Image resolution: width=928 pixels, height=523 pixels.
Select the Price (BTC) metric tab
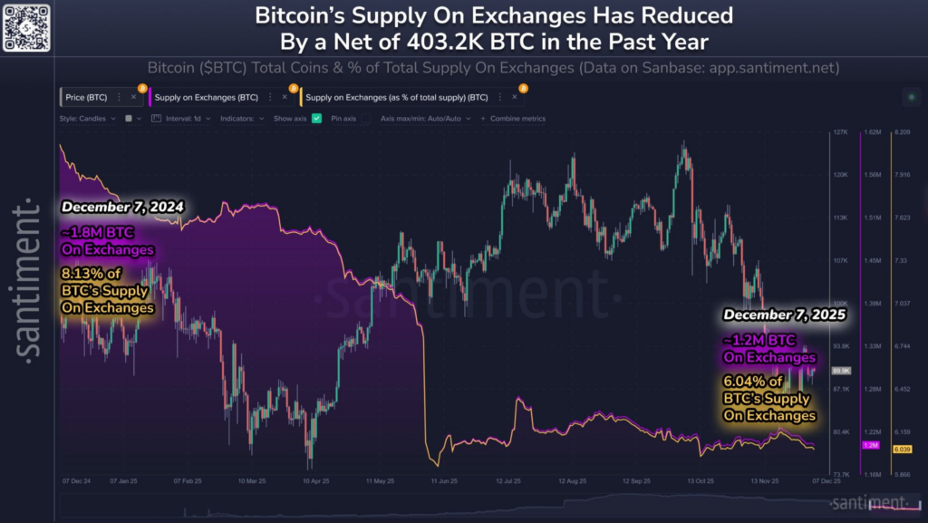(88, 95)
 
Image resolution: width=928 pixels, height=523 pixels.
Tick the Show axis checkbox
(317, 118)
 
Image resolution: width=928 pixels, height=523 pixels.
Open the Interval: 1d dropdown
(184, 118)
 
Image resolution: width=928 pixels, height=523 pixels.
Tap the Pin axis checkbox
(364, 118)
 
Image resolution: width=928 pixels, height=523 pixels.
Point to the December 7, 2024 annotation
(122, 207)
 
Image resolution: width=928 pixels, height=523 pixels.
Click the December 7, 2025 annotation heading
(784, 315)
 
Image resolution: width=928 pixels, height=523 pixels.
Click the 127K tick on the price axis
(839, 131)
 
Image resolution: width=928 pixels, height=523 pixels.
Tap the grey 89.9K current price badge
(839, 371)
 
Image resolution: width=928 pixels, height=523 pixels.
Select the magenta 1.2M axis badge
(872, 445)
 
